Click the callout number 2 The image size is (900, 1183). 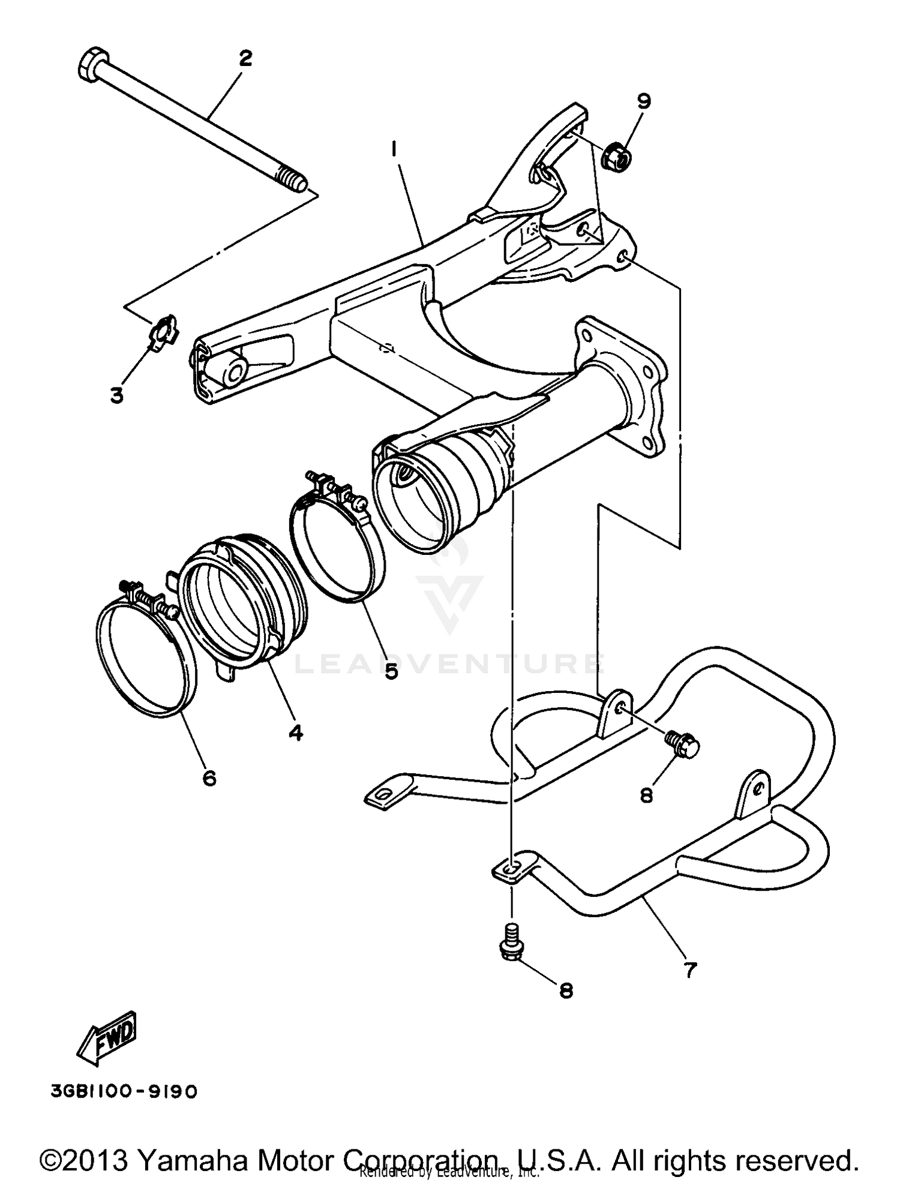click(245, 59)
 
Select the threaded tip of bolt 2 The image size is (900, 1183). click(292, 179)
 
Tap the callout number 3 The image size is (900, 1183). click(116, 395)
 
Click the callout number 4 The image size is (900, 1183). click(295, 732)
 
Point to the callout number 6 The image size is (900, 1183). click(208, 778)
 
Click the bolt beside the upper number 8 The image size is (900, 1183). click(683, 744)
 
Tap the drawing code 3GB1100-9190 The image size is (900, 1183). click(124, 1092)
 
